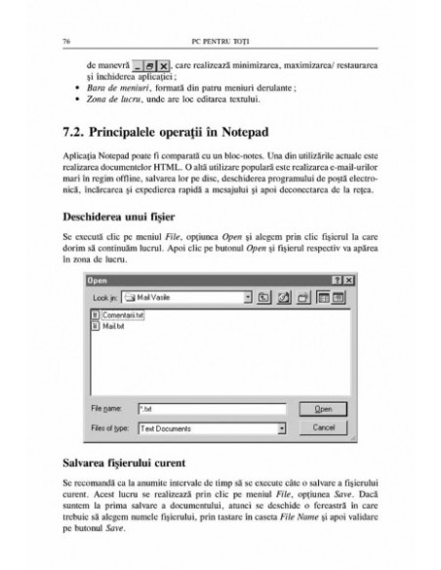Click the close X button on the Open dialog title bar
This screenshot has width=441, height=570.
point(348,280)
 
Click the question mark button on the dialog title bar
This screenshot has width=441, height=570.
point(337,280)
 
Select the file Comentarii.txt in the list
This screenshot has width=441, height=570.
point(124,316)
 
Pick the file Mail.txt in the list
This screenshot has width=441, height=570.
point(114,327)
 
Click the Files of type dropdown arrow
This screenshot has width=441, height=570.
point(280,427)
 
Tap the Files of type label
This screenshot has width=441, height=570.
point(110,427)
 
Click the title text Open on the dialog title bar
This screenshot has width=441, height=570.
point(97,280)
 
